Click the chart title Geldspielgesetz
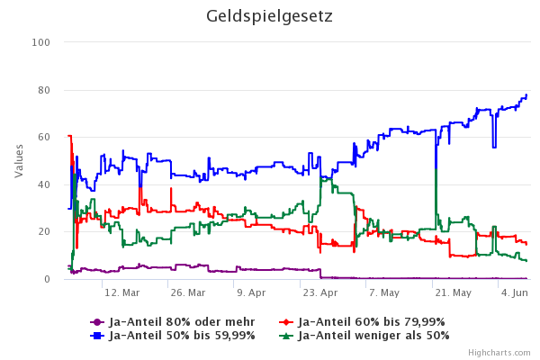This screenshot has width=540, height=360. tap(269, 16)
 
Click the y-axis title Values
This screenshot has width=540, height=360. tap(19, 160)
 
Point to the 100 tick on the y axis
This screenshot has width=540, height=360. tap(41, 42)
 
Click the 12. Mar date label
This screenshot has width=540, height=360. tap(122, 292)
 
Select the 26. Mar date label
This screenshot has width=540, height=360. tap(188, 292)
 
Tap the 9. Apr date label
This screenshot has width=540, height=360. tap(251, 292)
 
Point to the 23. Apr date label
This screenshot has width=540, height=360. tap(319, 292)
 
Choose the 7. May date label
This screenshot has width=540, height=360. tap(384, 292)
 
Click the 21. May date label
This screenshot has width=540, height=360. tap(452, 292)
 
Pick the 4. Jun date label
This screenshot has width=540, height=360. tap(515, 292)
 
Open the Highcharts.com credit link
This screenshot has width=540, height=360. tap(499, 354)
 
